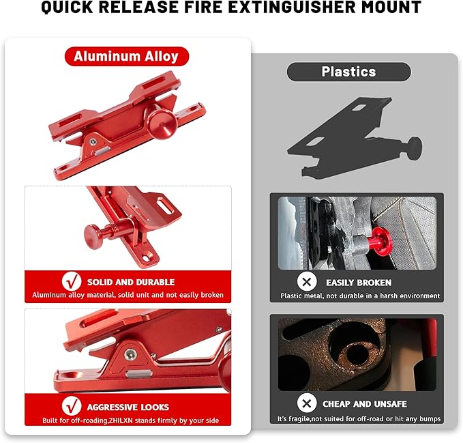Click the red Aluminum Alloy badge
(126, 56)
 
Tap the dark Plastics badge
(348, 72)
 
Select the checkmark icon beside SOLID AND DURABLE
(72, 281)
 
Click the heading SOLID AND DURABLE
(131, 282)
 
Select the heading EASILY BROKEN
(359, 282)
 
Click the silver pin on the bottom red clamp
(138, 374)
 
